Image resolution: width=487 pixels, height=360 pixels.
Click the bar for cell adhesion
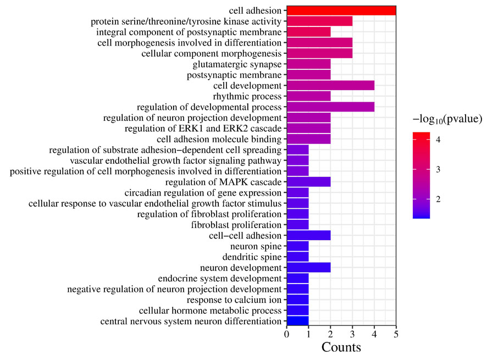pyautogui.click(x=341, y=10)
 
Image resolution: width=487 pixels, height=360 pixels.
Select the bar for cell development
pyautogui.click(x=330, y=85)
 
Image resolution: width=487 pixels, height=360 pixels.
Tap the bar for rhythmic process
pyautogui.click(x=308, y=96)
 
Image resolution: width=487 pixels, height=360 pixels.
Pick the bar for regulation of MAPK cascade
pyautogui.click(x=308, y=182)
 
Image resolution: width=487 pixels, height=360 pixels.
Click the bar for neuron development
pyautogui.click(x=308, y=268)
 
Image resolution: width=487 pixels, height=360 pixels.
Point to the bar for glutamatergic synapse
pyautogui.click(x=308, y=64)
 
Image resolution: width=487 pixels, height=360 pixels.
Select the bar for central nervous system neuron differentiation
pyautogui.click(x=297, y=321)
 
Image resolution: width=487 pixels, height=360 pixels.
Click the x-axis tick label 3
pyautogui.click(x=352, y=334)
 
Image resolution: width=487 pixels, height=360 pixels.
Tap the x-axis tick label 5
pyautogui.click(x=396, y=334)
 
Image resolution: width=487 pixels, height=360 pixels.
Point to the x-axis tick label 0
pyautogui.click(x=286, y=334)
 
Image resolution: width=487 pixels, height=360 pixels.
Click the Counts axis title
pyautogui.click(x=341, y=348)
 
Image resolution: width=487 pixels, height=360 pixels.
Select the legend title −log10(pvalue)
pyautogui.click(x=447, y=119)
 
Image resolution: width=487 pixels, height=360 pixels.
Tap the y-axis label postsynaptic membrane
pyautogui.click(x=234, y=75)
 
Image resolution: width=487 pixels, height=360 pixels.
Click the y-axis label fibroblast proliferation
pyautogui.click(x=236, y=225)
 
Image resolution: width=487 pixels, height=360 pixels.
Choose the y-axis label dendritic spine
pyautogui.click(x=252, y=257)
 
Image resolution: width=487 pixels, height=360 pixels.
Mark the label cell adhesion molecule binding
pyautogui.click(x=219, y=139)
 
